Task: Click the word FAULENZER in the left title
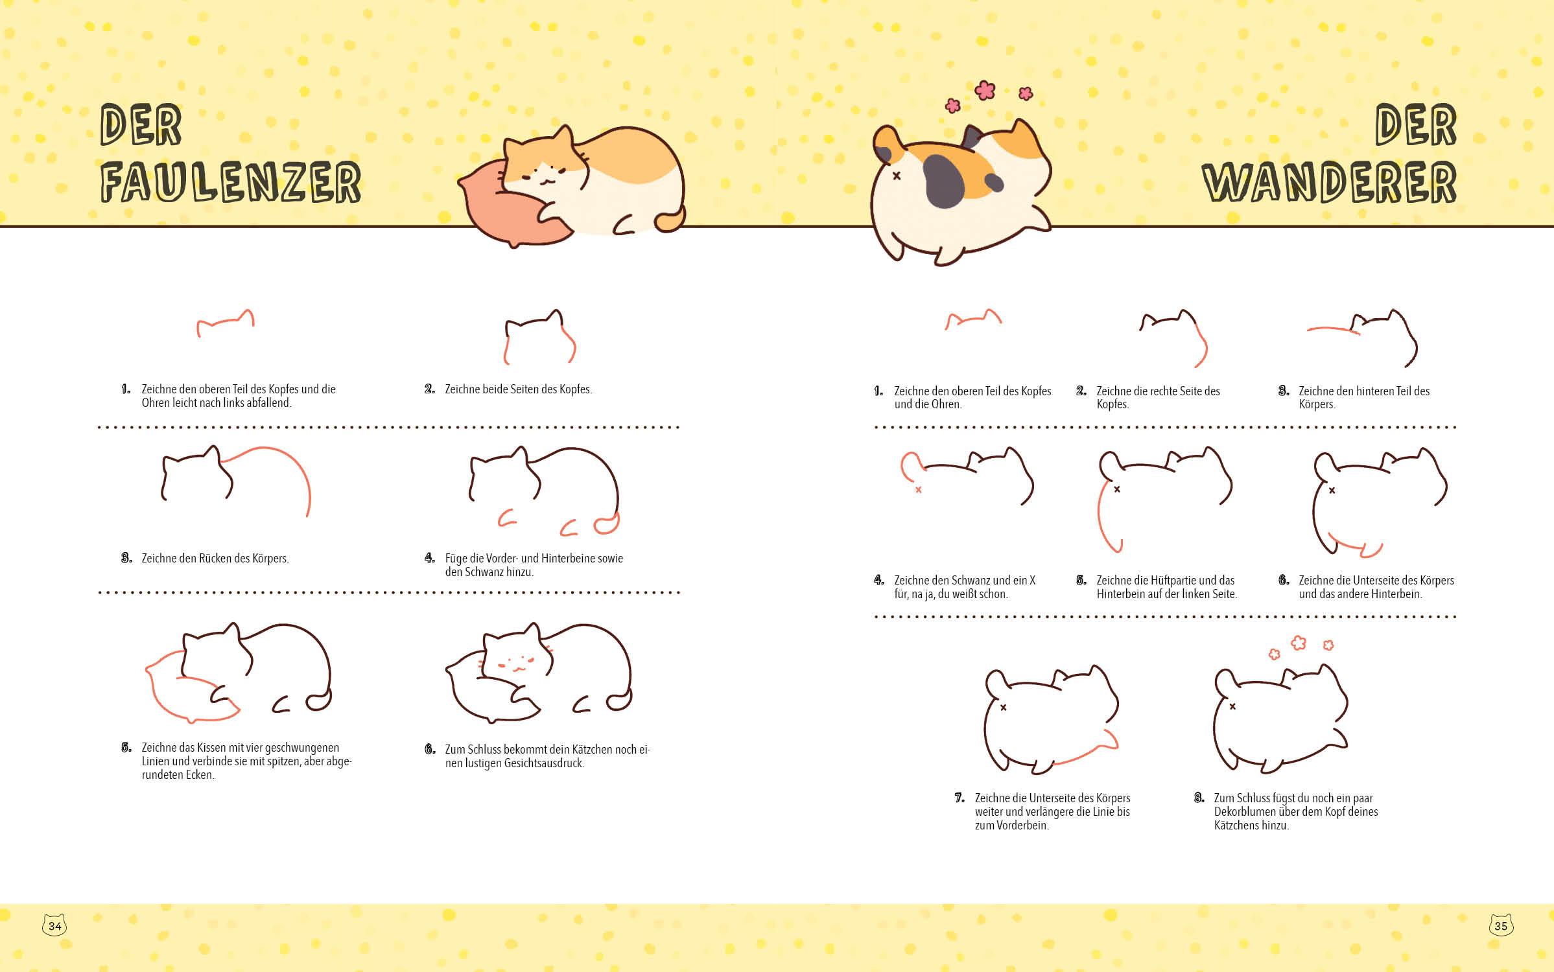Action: click(231, 182)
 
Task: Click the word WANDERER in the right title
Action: click(1330, 182)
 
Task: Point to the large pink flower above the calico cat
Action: click(985, 90)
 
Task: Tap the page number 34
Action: click(55, 926)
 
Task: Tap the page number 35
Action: click(1501, 926)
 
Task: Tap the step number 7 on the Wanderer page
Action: click(959, 798)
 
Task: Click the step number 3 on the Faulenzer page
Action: click(126, 558)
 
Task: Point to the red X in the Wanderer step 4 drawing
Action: click(919, 490)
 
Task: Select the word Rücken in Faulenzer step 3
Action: click(215, 558)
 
